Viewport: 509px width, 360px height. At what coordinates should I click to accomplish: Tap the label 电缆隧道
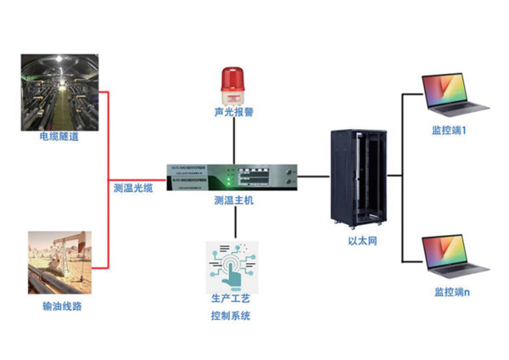(59, 135)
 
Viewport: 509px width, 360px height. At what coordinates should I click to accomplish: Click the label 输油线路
(60, 306)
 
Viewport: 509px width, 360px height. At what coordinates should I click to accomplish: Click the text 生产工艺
(232, 300)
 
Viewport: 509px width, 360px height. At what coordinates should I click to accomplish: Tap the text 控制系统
(232, 316)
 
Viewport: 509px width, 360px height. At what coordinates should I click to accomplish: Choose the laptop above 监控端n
(456, 257)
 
